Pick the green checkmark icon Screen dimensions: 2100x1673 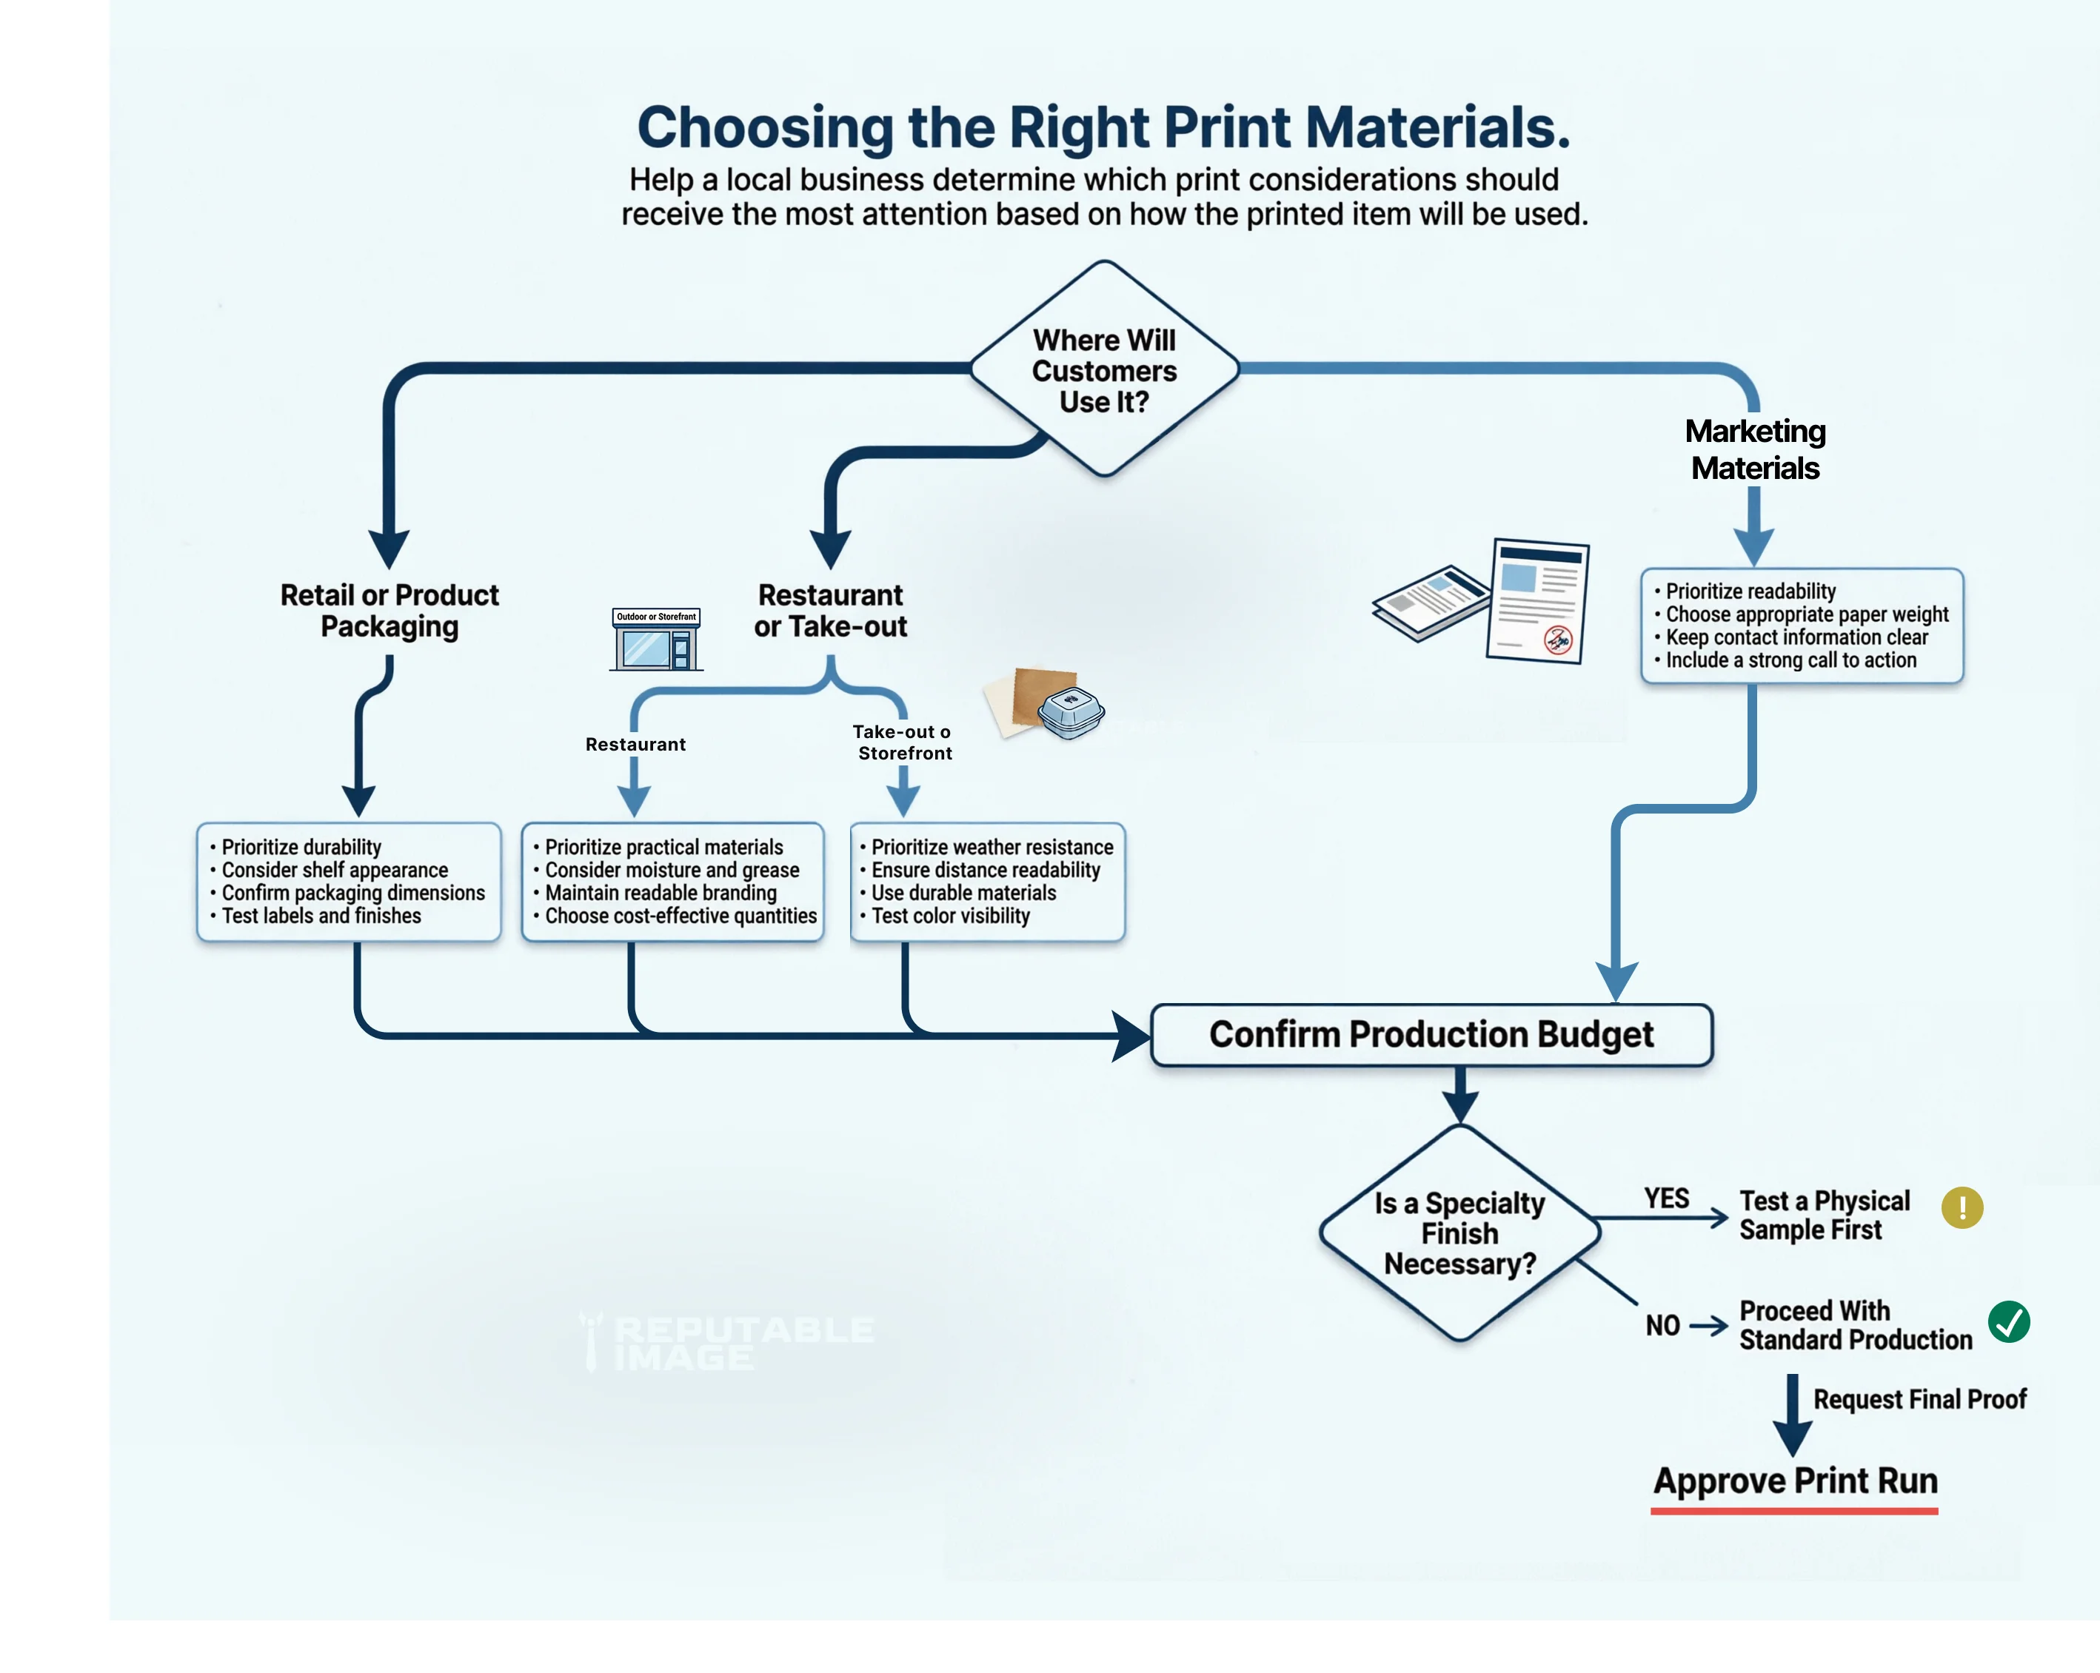(x=2008, y=1322)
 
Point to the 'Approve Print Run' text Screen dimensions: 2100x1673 (x=1795, y=1481)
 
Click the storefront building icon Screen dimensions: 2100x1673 (x=657, y=640)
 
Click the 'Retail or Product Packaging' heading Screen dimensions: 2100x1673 (x=389, y=611)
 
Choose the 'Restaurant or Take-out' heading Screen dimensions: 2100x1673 (x=831, y=611)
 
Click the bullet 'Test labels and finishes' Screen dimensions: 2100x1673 (x=321, y=916)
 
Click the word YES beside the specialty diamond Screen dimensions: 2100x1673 (x=1667, y=1198)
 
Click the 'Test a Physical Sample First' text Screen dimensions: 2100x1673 (x=1825, y=1216)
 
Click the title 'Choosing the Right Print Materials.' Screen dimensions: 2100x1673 (x=1103, y=127)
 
